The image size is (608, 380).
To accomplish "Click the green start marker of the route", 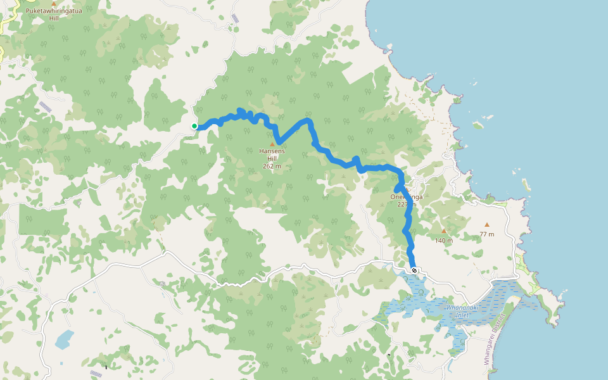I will (x=194, y=126).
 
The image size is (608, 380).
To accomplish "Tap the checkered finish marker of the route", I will (x=414, y=270).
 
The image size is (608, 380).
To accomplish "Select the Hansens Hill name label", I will (x=272, y=155).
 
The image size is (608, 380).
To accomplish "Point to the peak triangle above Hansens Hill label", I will (x=272, y=144).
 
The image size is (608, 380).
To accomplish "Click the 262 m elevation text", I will (x=272, y=167).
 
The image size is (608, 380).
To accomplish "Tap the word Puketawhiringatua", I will (x=54, y=11).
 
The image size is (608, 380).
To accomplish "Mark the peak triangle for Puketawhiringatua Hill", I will (x=54, y=4).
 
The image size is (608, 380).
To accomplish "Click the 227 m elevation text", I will (x=406, y=205).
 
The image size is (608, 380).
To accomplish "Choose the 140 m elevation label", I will (x=443, y=241).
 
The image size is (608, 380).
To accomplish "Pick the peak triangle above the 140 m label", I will (x=443, y=231).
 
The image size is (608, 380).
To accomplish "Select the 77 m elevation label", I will (x=486, y=234).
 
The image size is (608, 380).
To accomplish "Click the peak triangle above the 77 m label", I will (x=486, y=225).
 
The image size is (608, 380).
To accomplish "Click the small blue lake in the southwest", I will (x=64, y=339).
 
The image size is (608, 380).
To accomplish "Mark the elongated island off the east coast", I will (x=525, y=186).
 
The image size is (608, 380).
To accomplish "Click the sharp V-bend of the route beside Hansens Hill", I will (x=277, y=141).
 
